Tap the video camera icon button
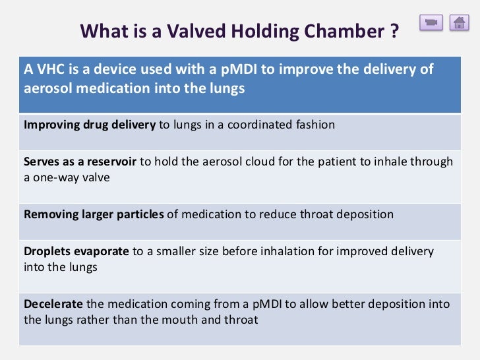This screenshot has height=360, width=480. point(431,22)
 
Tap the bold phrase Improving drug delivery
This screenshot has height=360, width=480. point(90,125)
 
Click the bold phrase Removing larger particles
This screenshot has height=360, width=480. point(94,214)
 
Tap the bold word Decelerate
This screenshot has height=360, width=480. point(53,304)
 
